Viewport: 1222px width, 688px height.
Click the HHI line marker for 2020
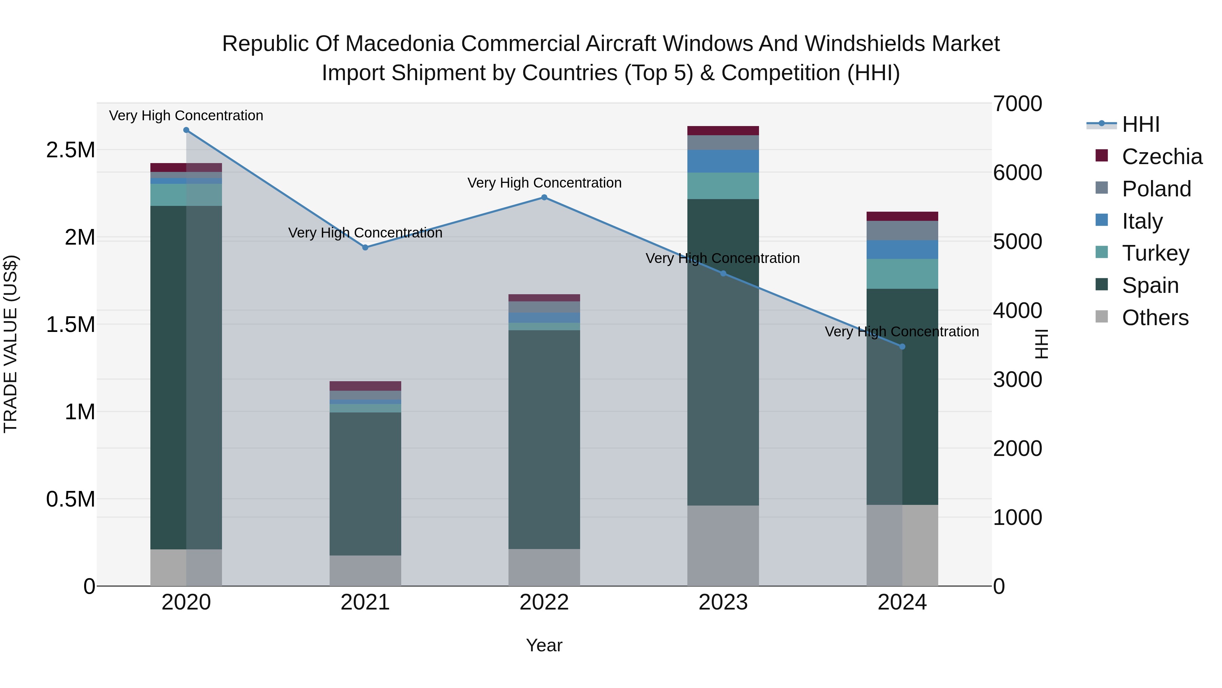(186, 130)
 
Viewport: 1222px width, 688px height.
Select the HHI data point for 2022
(544, 197)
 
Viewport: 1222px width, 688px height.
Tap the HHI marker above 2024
(902, 347)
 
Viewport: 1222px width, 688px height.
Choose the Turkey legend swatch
(1101, 252)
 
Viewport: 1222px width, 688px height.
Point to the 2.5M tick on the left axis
(70, 151)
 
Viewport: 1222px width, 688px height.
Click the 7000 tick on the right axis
(1018, 104)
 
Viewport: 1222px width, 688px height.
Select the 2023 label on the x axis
(723, 602)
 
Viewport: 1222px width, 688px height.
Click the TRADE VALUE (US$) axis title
(11, 344)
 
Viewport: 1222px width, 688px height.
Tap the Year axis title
(544, 645)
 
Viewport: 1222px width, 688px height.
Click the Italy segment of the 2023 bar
(723, 161)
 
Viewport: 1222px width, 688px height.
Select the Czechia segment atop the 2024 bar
(902, 216)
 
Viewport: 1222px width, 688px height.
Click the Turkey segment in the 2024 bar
(902, 274)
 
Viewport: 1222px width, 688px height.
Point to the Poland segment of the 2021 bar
(365, 395)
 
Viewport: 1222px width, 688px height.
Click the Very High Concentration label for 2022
(544, 183)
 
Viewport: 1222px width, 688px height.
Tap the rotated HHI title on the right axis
(1042, 344)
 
